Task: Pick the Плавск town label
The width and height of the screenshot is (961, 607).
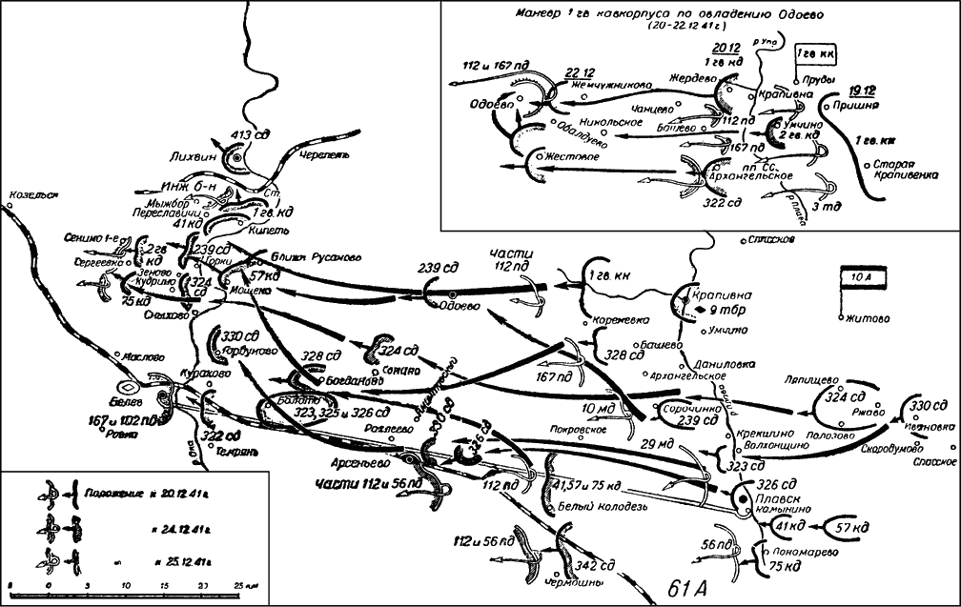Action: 770,497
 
